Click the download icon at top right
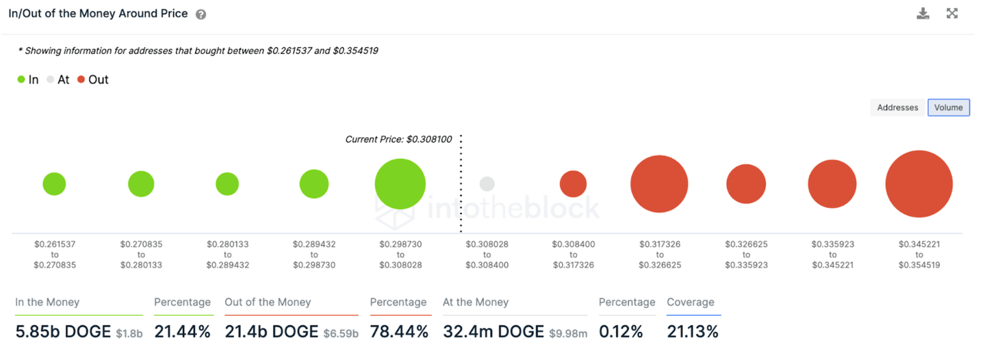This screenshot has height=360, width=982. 923,13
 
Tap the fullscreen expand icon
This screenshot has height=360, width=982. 952,13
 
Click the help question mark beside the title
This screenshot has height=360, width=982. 201,14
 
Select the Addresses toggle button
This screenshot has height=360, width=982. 898,107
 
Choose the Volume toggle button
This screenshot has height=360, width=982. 948,107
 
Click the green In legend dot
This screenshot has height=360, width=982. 21,80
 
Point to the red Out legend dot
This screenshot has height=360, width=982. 81,80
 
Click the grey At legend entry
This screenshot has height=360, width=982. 58,80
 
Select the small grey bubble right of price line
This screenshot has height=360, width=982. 487,184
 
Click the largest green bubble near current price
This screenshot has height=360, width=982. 400,184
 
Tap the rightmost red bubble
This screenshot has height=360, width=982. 919,184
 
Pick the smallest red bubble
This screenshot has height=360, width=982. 573,184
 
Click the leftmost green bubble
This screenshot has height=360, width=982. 54,184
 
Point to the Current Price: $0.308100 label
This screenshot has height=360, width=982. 398,139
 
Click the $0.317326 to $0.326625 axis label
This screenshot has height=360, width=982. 660,254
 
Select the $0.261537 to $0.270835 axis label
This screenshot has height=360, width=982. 55,254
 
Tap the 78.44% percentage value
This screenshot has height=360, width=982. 399,332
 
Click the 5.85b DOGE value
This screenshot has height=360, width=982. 63,332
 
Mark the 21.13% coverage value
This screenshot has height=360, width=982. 692,332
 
